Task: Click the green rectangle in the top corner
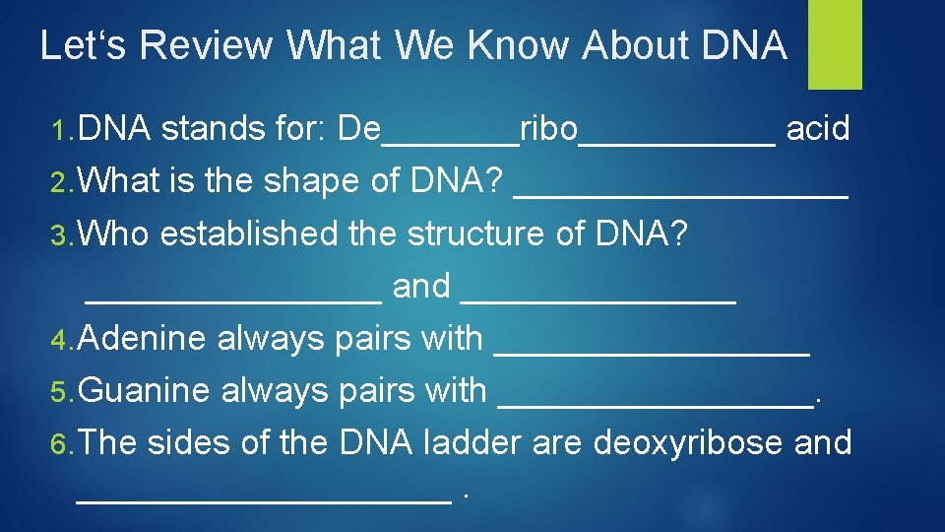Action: click(x=835, y=44)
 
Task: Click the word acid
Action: click(x=818, y=129)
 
